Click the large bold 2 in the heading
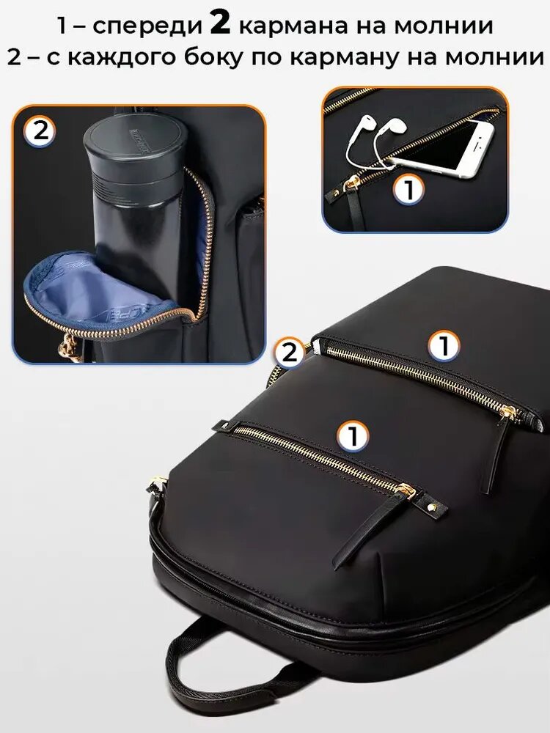coord(220,23)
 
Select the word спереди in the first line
coord(147,26)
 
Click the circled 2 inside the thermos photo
coord(40,131)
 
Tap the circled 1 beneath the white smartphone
coord(408,189)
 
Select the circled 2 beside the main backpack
coord(290,353)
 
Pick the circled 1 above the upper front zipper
coord(444,346)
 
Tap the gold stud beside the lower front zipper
coord(430,507)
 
